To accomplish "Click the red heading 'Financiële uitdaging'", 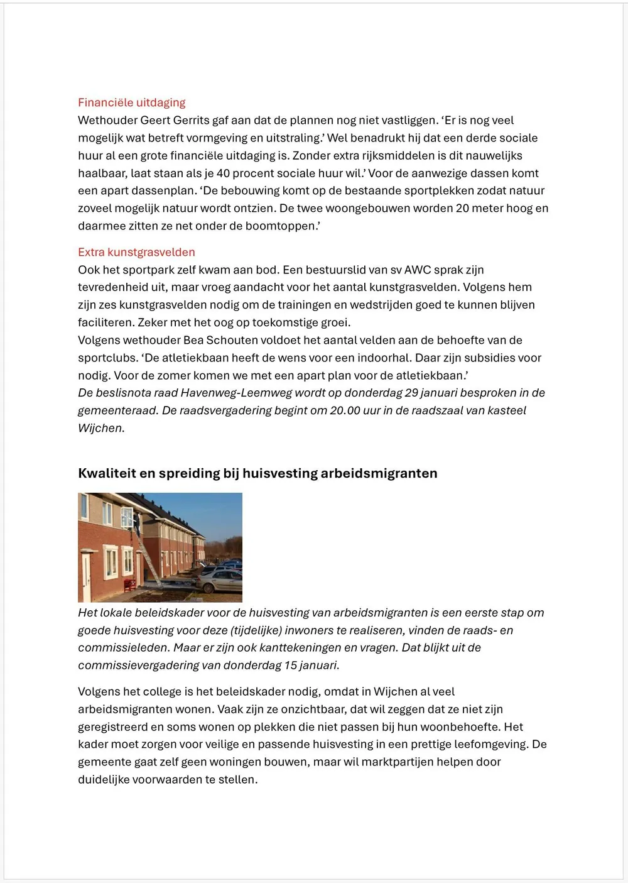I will pyautogui.click(x=132, y=102).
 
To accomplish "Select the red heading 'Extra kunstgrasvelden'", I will pyautogui.click(x=136, y=252).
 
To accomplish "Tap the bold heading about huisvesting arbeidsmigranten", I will pyautogui.click(x=257, y=473).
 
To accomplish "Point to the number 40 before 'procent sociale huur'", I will pyautogui.click(x=223, y=173).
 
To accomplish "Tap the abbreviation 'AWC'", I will pyautogui.click(x=418, y=270).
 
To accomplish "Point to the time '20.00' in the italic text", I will pyautogui.click(x=345, y=410).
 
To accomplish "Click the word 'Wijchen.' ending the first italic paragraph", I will pyautogui.click(x=101, y=428).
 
